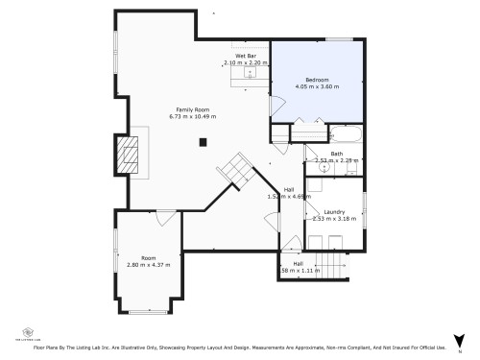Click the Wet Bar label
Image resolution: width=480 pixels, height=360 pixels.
[246, 56]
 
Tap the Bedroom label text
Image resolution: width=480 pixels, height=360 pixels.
[318, 80]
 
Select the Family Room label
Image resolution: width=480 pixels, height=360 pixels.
[192, 108]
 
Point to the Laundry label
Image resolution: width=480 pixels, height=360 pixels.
[334, 211]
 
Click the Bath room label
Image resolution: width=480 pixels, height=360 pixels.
[337, 154]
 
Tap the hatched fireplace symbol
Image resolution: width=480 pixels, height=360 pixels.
[127, 154]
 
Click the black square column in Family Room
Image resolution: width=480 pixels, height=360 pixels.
[203, 143]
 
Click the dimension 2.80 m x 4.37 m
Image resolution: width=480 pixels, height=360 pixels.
[148, 264]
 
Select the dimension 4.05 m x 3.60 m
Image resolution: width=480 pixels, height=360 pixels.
[318, 87]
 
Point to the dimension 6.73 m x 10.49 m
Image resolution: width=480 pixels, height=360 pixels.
[192, 116]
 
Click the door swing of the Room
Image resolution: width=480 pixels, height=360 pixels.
[166, 218]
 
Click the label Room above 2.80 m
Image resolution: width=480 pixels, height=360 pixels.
[148, 257]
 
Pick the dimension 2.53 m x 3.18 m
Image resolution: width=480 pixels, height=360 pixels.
[334, 219]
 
